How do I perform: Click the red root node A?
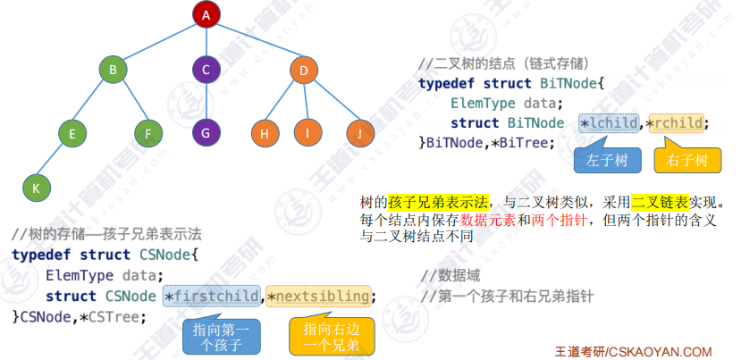tap(206, 15)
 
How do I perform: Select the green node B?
tap(113, 70)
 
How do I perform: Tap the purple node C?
tap(206, 70)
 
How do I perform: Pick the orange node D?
tap(304, 70)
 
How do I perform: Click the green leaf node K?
tap(36, 188)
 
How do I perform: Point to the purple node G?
tap(206, 132)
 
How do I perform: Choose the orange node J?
tap(359, 134)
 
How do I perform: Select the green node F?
tap(148, 134)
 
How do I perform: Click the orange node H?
tap(265, 134)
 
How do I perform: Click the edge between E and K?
tap(54, 161)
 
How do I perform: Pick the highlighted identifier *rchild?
tap(677, 122)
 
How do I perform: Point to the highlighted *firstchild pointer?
tap(213, 296)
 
